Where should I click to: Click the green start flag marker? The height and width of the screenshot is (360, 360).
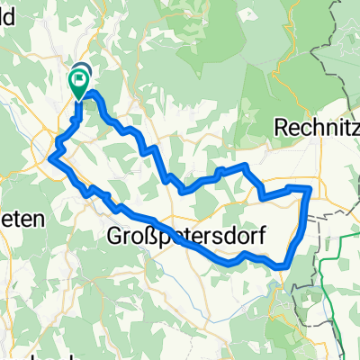(x=77, y=84)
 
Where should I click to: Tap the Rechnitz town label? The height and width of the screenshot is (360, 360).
(x=310, y=125)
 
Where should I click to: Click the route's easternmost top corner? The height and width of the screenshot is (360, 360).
(x=310, y=187)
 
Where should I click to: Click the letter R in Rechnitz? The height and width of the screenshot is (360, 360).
(x=277, y=125)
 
